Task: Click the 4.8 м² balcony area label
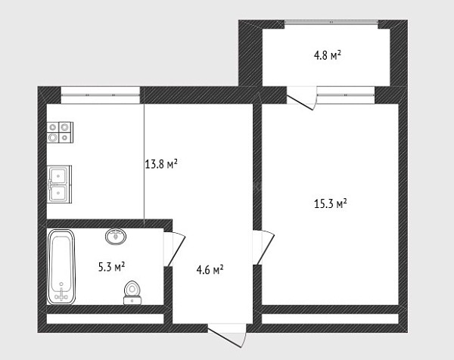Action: tap(327, 55)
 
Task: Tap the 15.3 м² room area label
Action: tap(331, 203)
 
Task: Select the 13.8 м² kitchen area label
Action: tap(161, 164)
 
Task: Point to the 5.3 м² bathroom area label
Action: tap(112, 267)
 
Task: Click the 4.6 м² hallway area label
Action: tap(210, 270)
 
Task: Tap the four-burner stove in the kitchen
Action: tap(60, 132)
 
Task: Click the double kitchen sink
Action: tap(59, 184)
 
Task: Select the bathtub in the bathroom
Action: tap(61, 266)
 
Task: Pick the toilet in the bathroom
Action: tap(132, 293)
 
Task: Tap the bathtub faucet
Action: tap(61, 294)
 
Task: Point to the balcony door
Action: tap(301, 98)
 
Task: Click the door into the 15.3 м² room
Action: tap(263, 247)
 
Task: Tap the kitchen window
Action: tap(101, 95)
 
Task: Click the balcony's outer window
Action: tap(331, 22)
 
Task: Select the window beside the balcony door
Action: tap(346, 95)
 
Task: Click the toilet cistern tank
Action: tap(132, 301)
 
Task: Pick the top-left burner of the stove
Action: tap(53, 127)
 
